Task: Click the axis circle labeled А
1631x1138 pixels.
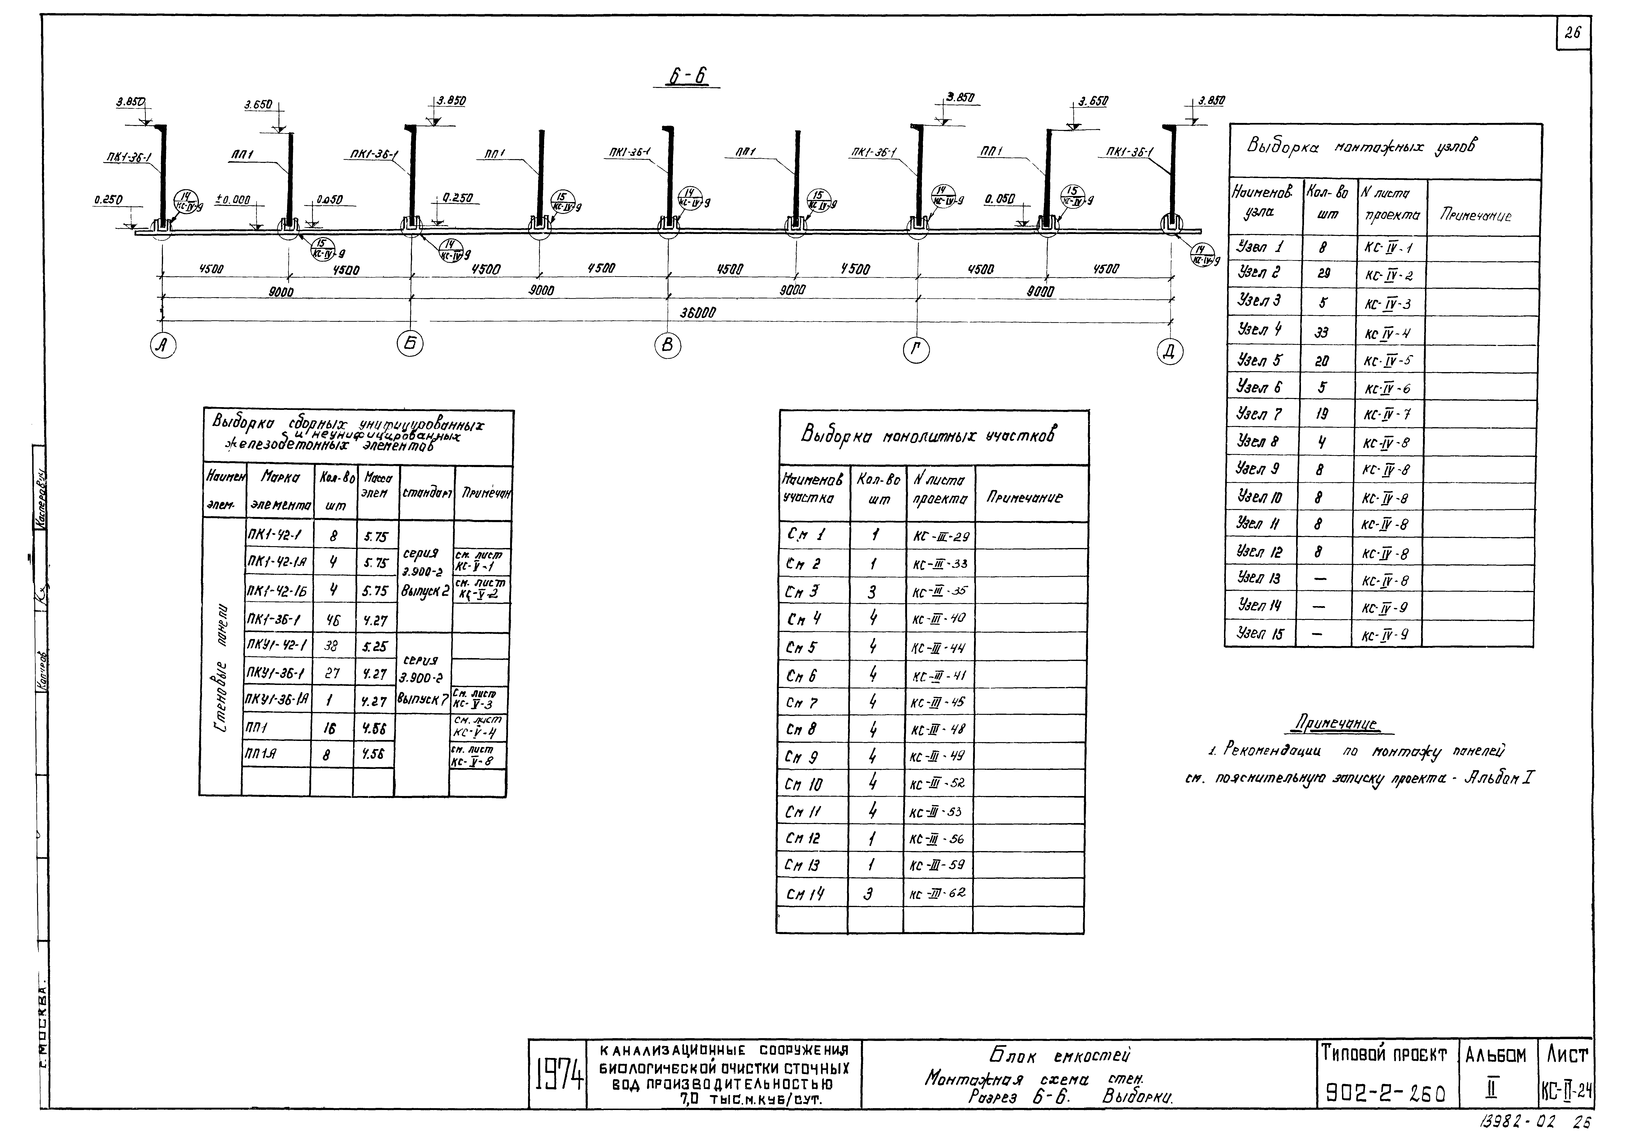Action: pos(163,346)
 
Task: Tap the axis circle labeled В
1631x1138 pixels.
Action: pos(668,346)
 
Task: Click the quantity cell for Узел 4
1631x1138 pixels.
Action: pos(1321,332)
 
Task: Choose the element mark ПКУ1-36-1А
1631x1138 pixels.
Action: pos(277,700)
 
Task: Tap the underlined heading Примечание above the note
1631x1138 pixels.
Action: pos(1340,725)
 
